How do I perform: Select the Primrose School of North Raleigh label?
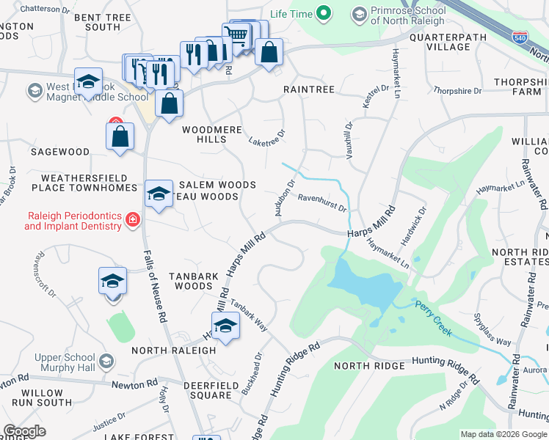click(x=407, y=15)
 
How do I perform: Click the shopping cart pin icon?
click(x=236, y=34)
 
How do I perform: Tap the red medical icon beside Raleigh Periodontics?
click(x=133, y=220)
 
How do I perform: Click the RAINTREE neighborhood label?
click(x=309, y=89)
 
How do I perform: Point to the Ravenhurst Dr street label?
click(x=321, y=202)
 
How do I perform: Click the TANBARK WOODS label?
click(x=192, y=281)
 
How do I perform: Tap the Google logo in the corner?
click(x=25, y=431)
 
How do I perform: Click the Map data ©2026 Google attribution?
click(x=503, y=434)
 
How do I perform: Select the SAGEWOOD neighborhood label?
click(x=59, y=152)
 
